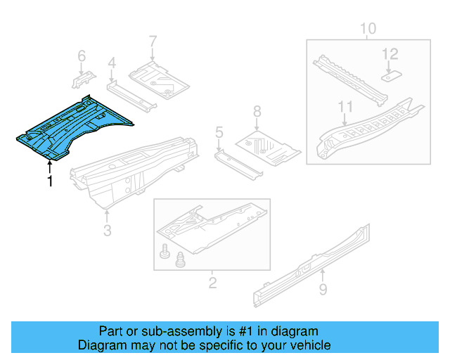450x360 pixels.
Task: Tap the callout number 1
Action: (49, 181)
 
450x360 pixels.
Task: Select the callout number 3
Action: (107, 230)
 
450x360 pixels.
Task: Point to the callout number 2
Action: (212, 283)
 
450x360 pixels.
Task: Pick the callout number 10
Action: (368, 29)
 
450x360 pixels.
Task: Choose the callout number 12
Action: (390, 53)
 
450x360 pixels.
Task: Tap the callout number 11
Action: (344, 106)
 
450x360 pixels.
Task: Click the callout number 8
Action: (257, 111)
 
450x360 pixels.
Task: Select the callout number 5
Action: (219, 131)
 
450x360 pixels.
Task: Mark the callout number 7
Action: (153, 43)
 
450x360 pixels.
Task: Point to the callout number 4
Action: (111, 65)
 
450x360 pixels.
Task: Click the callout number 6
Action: (81, 55)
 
